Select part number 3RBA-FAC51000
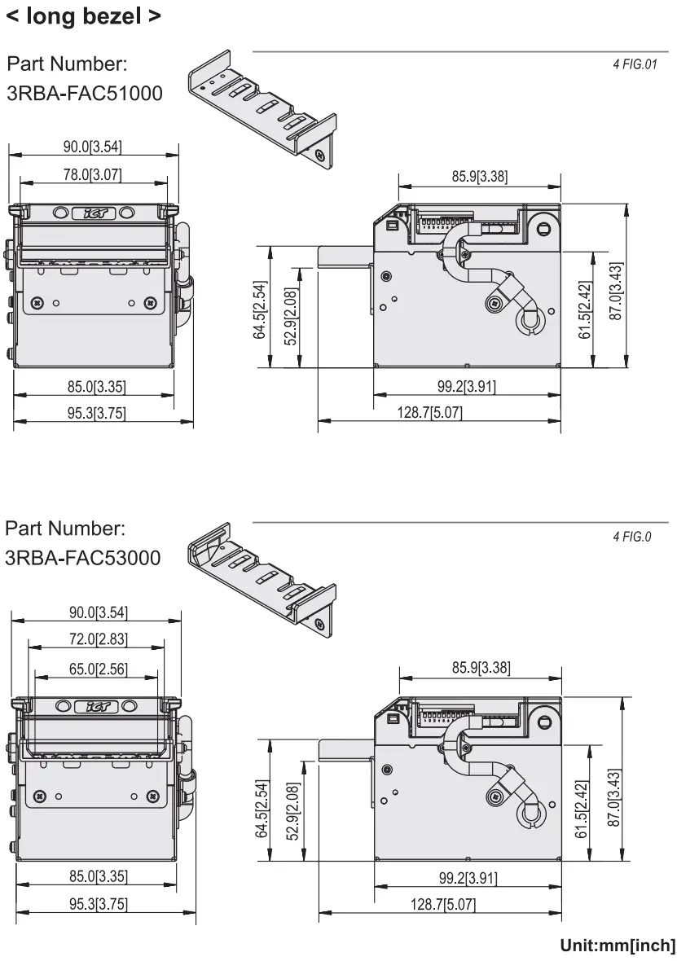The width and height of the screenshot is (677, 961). point(85,94)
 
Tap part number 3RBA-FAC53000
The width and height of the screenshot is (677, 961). point(83,559)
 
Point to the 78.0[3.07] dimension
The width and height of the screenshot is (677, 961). point(93,174)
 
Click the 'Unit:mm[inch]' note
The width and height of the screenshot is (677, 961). point(618,946)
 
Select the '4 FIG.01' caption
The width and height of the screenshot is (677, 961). point(635,64)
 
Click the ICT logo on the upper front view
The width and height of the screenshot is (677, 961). point(95,213)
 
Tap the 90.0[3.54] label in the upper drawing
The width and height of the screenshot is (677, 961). point(93,147)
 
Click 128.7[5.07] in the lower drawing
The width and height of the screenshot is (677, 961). point(443,904)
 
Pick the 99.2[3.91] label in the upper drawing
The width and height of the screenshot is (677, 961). point(467,387)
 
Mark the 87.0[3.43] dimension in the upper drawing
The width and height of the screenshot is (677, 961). point(616,290)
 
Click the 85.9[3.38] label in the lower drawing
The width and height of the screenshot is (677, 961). point(481,668)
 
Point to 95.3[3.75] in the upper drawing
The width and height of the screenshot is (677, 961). point(96,414)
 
